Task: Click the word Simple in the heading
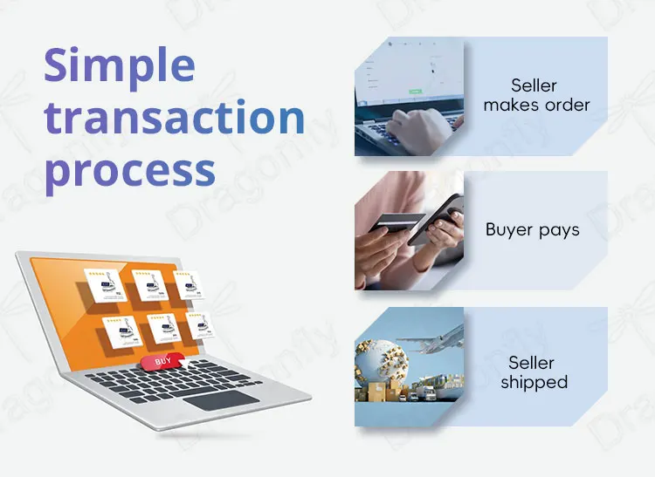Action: pos(120,67)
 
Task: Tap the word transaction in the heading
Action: pos(174,117)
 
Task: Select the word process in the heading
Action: pos(130,172)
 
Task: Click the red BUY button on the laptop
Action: pos(162,361)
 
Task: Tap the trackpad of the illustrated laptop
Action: pos(221,400)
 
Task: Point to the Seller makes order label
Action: pos(536,95)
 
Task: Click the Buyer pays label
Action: pos(533,230)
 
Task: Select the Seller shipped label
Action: pos(534,372)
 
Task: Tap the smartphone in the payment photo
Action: pos(435,219)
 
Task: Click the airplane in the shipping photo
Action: pos(434,340)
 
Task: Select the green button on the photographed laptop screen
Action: pos(415,92)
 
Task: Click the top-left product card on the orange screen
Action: pos(105,286)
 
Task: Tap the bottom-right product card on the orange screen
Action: pos(200,325)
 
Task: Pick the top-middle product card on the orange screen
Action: pos(150,285)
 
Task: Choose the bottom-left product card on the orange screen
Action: pos(122,332)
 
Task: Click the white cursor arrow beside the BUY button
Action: pos(185,363)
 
